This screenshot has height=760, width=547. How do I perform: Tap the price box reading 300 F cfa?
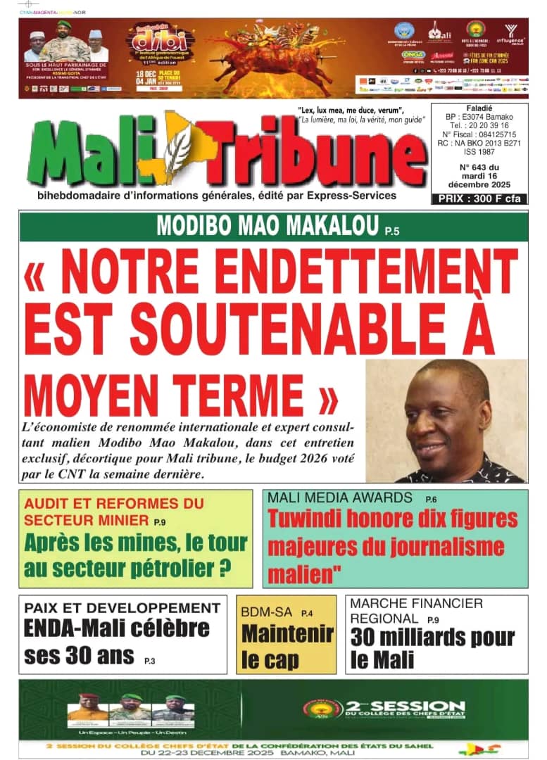point(479,198)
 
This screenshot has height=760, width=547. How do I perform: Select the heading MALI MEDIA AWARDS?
point(340,498)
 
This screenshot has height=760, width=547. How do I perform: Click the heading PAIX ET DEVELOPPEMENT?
point(122,607)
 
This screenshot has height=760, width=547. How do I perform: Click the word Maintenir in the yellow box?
point(287,634)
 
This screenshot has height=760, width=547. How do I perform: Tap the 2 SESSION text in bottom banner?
point(405,707)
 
